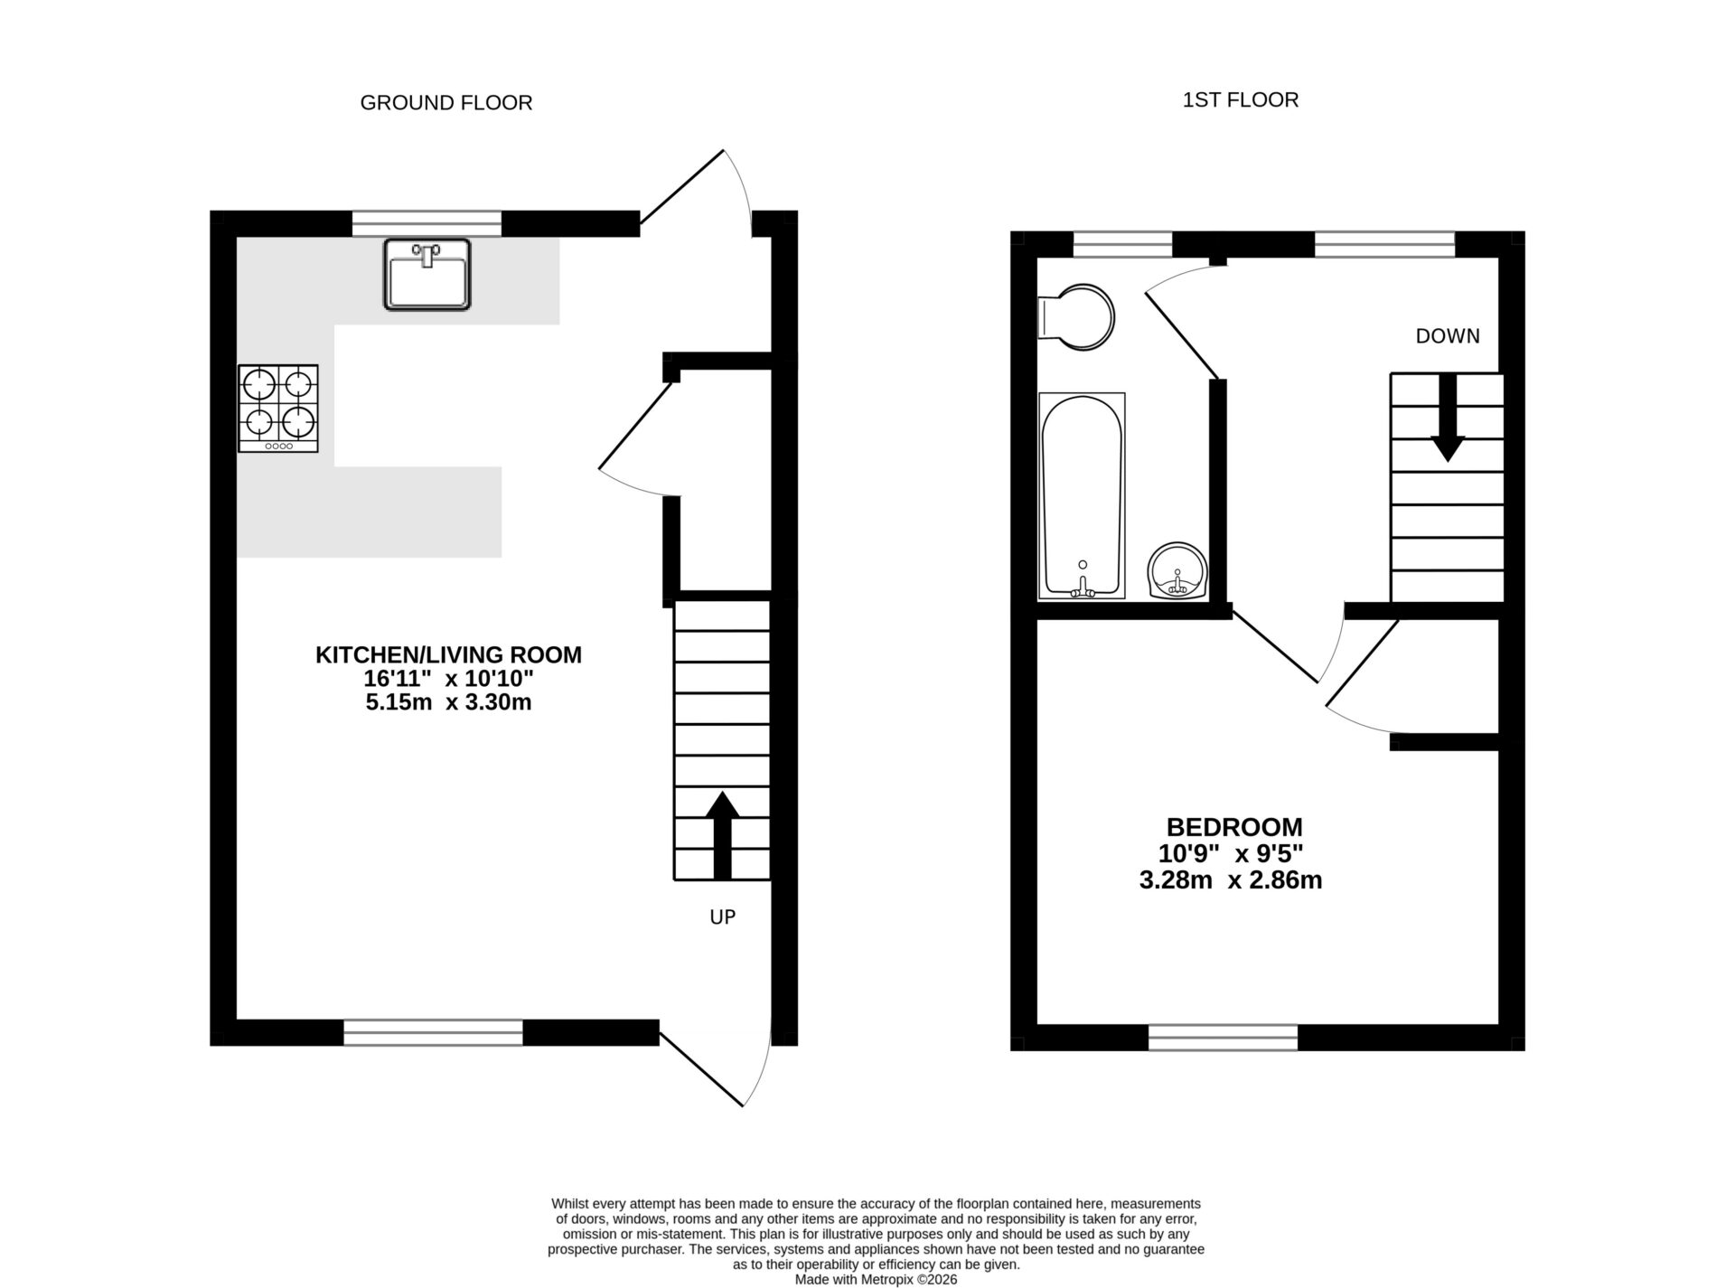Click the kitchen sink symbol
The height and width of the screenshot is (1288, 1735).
(427, 275)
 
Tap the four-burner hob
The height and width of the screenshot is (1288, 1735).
(278, 408)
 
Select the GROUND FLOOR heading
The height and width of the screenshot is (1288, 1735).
(445, 103)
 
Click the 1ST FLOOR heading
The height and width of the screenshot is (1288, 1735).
(1240, 100)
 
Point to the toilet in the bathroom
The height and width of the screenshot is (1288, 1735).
(1077, 318)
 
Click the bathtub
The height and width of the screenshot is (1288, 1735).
(1082, 495)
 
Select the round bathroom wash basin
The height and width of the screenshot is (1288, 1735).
(1177, 571)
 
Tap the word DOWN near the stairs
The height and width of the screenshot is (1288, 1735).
(1447, 336)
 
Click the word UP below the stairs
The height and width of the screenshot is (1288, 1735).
(722, 917)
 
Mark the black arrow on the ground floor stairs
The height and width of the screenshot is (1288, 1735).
(721, 835)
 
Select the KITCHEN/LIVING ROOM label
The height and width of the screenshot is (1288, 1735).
(448, 655)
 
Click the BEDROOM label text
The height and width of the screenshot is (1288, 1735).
(1233, 827)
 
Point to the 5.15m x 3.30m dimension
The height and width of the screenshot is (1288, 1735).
(448, 702)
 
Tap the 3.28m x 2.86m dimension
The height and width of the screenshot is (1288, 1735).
(1230, 879)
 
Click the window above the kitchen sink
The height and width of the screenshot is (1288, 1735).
(427, 223)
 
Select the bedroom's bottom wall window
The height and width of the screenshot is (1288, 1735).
(1223, 1038)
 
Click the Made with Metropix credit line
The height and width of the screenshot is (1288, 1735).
(875, 1279)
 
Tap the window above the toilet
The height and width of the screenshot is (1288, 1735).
(1121, 244)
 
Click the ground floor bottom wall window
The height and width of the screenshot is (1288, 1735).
(433, 1032)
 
